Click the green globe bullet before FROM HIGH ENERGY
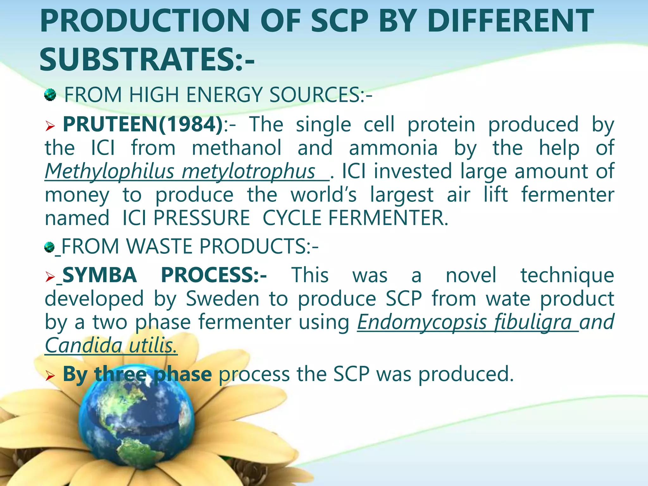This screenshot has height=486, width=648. coord(50,95)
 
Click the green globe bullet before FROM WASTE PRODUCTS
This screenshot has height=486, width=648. coord(49,247)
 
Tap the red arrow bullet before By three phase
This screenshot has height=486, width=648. coord(50,376)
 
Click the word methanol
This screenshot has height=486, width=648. coord(236,148)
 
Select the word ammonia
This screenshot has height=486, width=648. coord(393,148)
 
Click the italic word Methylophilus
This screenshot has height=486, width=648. coord(109,171)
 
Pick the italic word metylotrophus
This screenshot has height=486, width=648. coord(248,171)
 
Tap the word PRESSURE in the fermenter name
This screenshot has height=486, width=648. coord(202,218)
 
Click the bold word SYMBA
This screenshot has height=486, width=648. coord(100,275)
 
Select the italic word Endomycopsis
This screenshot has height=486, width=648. coord(421,322)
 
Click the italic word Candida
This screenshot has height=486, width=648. coord(83,345)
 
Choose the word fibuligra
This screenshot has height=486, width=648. coord(533,322)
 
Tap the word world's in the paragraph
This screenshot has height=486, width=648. coord(323,195)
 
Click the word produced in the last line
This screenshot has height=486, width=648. coord(466,374)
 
